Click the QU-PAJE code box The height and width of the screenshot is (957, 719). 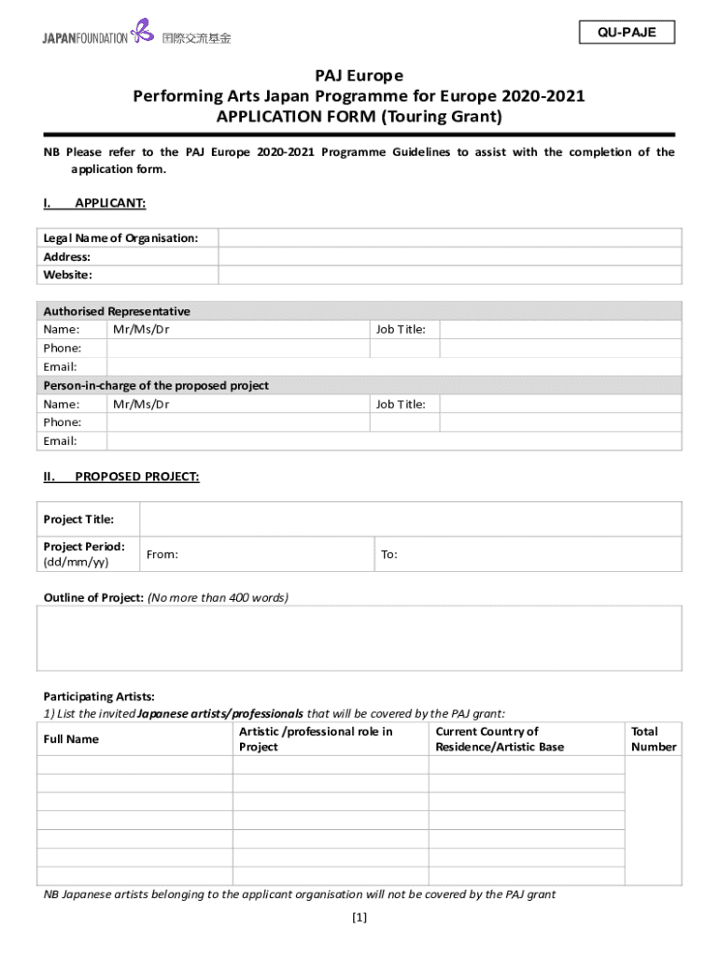coord(627,33)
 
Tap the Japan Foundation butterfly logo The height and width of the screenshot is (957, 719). coord(142,31)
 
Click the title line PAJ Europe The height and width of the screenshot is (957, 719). coord(359,76)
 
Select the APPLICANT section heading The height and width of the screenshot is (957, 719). coord(109,203)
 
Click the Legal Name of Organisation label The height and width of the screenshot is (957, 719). coord(120,238)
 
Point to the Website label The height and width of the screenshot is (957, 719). coord(67,275)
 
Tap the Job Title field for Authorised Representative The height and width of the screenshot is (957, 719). coord(559,329)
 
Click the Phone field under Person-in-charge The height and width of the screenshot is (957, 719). coord(393,422)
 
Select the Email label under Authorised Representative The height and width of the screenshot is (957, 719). coord(60,366)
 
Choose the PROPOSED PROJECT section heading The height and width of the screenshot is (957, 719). coord(136,477)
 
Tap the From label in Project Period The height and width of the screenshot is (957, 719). coord(162,554)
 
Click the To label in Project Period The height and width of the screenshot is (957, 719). coord(389,554)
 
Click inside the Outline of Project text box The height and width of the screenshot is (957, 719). coord(359,637)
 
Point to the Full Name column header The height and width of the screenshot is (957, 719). coord(71,739)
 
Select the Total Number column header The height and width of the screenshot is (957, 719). coord(653,739)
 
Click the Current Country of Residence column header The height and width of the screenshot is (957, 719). coord(500,739)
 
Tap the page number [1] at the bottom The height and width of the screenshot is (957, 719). coord(359,918)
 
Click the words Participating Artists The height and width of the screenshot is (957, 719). coord(99,696)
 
